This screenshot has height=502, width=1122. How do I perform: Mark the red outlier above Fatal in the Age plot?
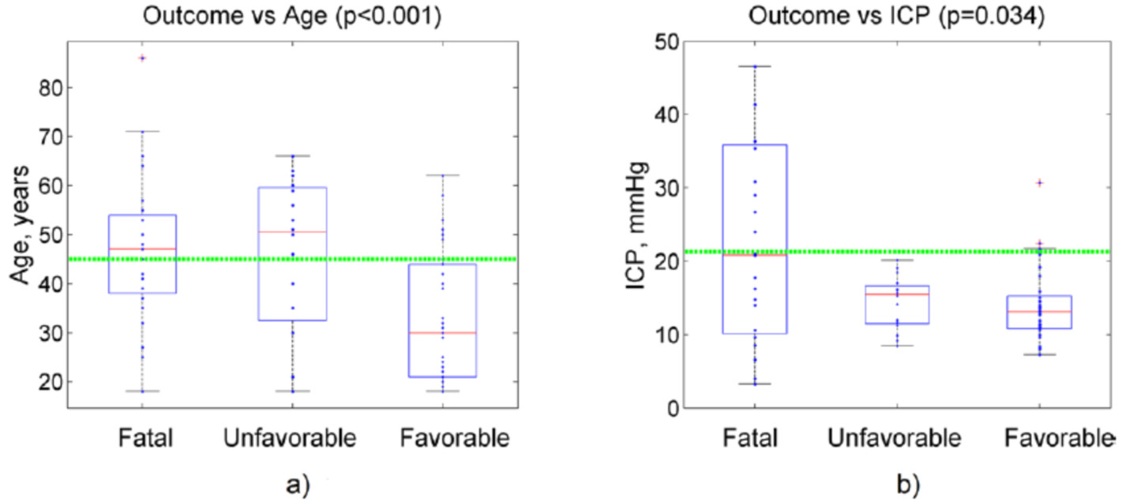pos(142,58)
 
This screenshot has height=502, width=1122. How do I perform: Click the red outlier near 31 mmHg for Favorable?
pos(1039,182)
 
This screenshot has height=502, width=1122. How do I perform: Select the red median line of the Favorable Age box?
pos(443,333)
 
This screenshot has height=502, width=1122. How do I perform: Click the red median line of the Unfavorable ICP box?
pos(897,294)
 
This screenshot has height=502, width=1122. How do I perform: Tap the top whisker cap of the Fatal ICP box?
pos(755,66)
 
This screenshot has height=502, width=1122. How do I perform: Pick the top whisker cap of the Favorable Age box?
pos(443,175)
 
